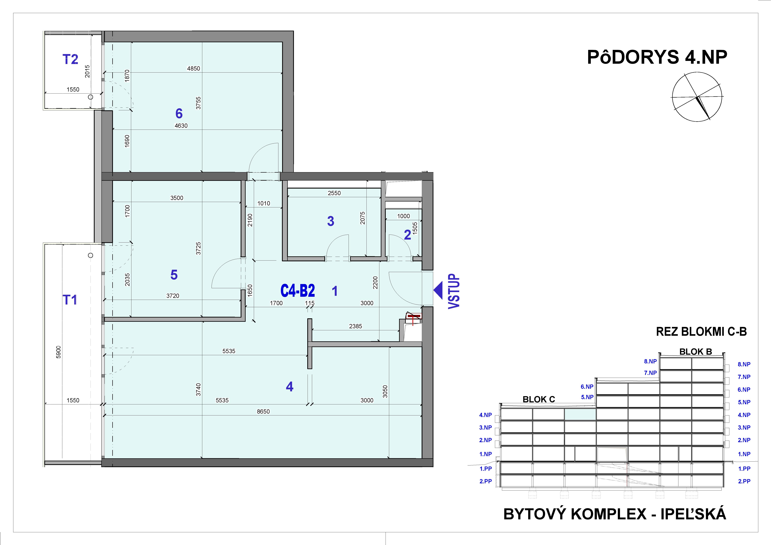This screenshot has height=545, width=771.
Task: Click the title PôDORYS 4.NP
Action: (x=657, y=57)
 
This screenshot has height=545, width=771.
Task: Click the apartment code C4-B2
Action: (x=297, y=291)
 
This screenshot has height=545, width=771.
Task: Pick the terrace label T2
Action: (x=71, y=60)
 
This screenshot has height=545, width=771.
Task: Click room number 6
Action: (x=179, y=114)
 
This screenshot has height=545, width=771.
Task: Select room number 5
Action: (x=174, y=275)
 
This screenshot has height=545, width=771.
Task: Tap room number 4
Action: (x=289, y=387)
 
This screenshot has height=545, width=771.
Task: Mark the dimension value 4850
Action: (x=193, y=69)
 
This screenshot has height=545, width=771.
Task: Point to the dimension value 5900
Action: (x=58, y=352)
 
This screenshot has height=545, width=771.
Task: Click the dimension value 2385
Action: (x=355, y=326)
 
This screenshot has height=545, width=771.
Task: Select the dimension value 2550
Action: (x=334, y=193)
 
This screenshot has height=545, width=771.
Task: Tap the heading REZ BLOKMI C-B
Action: (x=701, y=332)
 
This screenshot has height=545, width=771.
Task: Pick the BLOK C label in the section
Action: (x=539, y=399)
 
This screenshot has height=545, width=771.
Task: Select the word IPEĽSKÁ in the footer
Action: (x=693, y=514)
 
